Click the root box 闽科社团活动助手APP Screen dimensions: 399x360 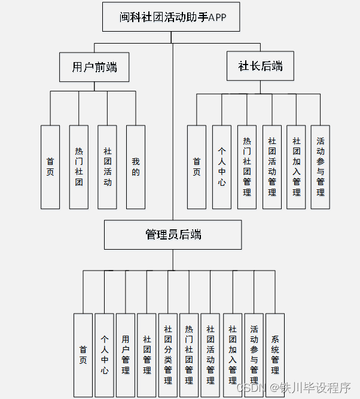(171, 17)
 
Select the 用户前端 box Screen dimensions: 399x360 (94, 67)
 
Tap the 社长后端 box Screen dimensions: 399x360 (260, 66)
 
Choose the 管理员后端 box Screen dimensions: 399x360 (173, 235)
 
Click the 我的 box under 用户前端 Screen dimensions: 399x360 (136, 167)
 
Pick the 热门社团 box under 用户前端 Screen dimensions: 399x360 (79, 167)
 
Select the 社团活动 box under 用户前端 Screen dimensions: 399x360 (107, 167)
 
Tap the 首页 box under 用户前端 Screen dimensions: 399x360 (50, 167)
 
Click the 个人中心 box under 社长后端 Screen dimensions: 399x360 (221, 167)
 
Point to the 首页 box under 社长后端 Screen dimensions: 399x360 (197, 167)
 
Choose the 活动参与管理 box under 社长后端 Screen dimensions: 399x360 (321, 167)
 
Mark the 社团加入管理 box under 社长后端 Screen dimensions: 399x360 (296, 167)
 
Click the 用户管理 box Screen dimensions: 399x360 (126, 355)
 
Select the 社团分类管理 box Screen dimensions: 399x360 (168, 355)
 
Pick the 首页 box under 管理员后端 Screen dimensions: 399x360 (83, 355)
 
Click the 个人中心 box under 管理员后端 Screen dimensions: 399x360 (105, 355)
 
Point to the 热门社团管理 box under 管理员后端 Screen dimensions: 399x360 (189, 355)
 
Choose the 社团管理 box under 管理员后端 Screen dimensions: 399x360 (147, 355)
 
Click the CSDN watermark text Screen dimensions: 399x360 (251, 388)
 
